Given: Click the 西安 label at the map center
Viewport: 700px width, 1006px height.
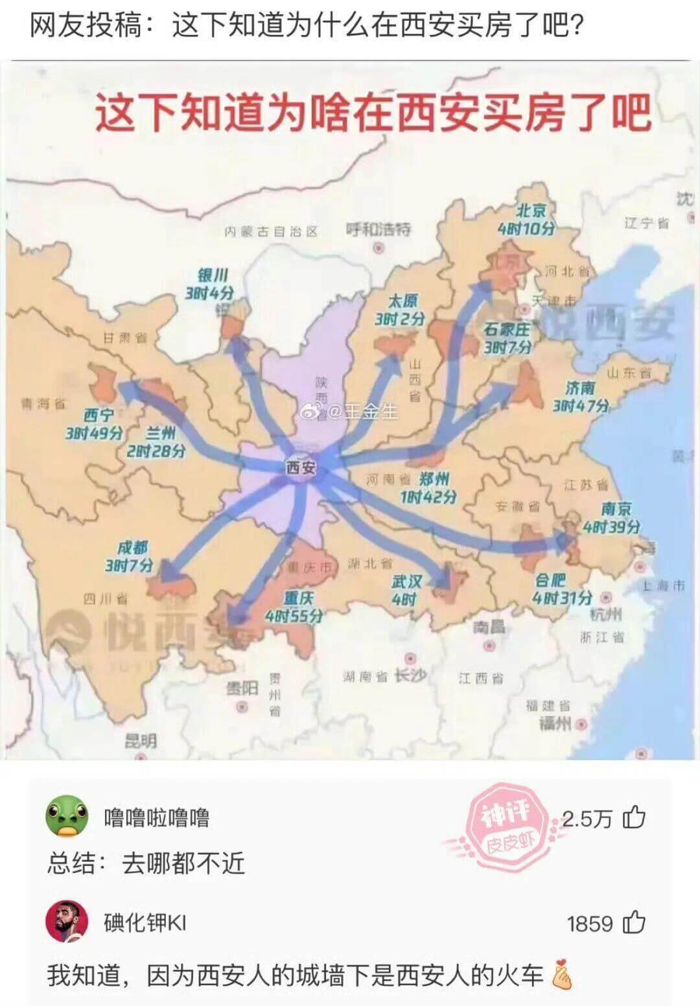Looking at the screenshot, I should pyautogui.click(x=301, y=467).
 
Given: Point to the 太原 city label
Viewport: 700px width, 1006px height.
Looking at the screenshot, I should pyautogui.click(x=402, y=301).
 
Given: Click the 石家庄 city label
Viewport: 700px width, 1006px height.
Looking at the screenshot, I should pyautogui.click(x=507, y=330).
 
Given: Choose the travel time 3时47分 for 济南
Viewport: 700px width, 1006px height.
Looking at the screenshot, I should pyautogui.click(x=581, y=406).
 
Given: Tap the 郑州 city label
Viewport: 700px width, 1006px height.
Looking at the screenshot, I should pyautogui.click(x=434, y=479).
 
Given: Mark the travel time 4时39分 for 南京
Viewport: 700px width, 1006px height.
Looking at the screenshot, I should pyautogui.click(x=611, y=527).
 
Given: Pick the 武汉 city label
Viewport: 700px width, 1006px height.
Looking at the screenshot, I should pyautogui.click(x=406, y=581).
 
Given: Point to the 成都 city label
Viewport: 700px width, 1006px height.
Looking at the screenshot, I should pyautogui.click(x=133, y=548).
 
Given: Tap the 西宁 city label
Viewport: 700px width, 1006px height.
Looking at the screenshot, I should pyautogui.click(x=99, y=415).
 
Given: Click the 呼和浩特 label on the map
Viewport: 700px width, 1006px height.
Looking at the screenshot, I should pyautogui.click(x=379, y=229).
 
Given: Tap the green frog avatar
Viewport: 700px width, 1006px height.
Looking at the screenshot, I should pyautogui.click(x=66, y=816).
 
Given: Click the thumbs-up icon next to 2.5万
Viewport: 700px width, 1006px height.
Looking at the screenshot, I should pyautogui.click(x=634, y=818).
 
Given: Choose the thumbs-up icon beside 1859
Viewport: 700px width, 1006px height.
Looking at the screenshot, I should pyautogui.click(x=634, y=922).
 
